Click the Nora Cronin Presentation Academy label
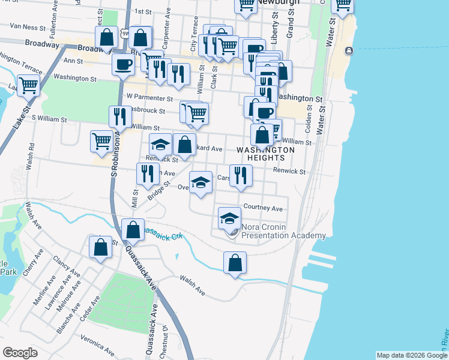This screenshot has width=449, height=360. [x=283, y=232]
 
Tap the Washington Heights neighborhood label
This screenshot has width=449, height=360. [x=265, y=154]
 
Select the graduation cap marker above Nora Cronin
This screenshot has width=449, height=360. [x=229, y=219]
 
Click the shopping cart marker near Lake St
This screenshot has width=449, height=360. [x=28, y=85]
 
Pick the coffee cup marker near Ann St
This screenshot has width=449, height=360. [x=124, y=64]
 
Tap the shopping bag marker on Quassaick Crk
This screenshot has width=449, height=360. [x=133, y=230]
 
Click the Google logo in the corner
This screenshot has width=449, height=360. [x=20, y=352]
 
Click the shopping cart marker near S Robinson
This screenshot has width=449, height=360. [x=101, y=142]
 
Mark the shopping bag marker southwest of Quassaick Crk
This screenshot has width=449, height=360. [x=101, y=247]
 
